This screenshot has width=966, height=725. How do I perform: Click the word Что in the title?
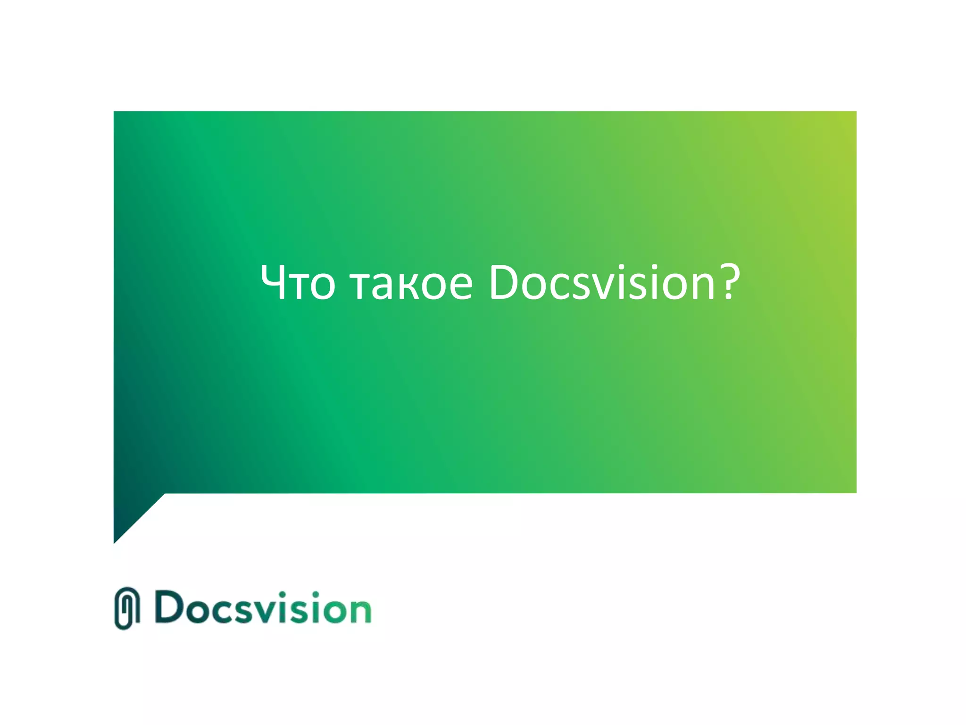[x=298, y=283]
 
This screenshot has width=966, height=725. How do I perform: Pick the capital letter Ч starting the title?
[x=273, y=282]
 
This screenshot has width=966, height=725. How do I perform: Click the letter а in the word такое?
[x=383, y=286]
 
